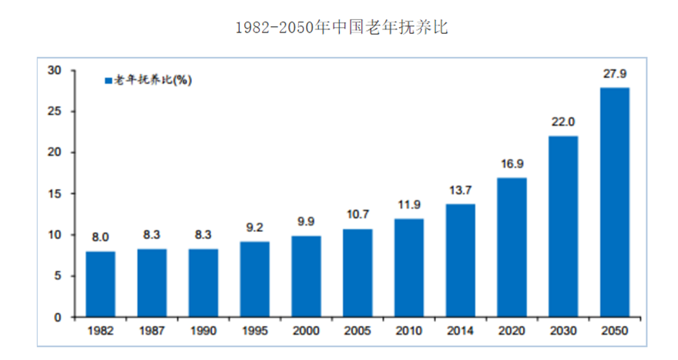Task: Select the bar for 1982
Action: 100,284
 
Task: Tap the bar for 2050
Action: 614,202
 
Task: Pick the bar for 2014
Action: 460,260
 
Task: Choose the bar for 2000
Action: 306,276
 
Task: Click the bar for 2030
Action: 562,226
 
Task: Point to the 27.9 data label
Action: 614,75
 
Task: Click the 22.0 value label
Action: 562,123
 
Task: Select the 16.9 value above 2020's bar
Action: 512,165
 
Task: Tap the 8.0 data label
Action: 100,238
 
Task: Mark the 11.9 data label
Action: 408,206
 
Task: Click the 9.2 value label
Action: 254,228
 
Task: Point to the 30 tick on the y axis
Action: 54,70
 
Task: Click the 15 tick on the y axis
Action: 54,193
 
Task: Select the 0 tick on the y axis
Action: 57,317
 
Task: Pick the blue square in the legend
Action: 109,80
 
